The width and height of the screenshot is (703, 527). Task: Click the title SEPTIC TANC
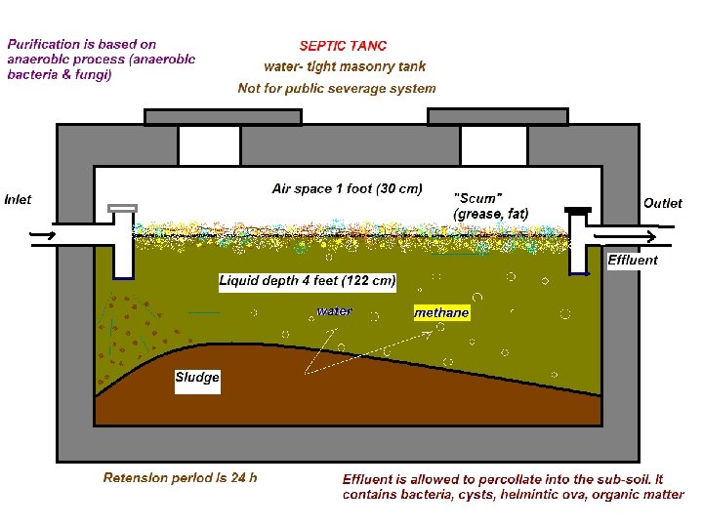point(343,46)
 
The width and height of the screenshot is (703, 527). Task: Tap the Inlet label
point(18,200)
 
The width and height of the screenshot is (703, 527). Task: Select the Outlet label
point(662,203)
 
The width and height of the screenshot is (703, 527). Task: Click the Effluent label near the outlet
point(633,260)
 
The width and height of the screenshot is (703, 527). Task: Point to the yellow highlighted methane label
point(441,313)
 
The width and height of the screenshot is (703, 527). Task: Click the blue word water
point(334,312)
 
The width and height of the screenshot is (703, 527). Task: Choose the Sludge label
point(197,378)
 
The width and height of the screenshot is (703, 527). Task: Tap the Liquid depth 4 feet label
point(308,281)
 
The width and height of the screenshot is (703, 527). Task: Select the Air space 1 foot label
point(347,188)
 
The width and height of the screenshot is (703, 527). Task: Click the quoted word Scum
point(478,197)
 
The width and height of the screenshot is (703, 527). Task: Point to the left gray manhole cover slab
point(223,117)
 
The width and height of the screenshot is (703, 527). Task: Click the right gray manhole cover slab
point(498,117)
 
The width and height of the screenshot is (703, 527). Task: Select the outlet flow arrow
point(643,235)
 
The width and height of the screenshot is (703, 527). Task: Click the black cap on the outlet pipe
point(579,210)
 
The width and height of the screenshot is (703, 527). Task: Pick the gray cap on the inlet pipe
point(122,208)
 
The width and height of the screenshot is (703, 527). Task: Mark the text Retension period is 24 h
point(181,478)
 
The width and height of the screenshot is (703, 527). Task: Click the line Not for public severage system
point(337,89)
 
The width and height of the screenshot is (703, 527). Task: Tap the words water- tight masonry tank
point(345,67)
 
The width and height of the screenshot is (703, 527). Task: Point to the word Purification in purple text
point(40,45)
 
